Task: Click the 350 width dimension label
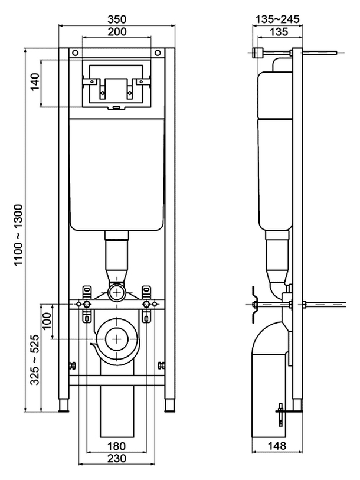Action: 117,19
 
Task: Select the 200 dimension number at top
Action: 117,31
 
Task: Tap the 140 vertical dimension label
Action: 35,81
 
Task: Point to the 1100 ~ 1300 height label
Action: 19,235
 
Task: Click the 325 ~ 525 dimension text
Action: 35,360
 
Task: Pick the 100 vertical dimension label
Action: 47,321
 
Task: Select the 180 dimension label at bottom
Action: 116,446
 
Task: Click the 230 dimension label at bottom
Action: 117,458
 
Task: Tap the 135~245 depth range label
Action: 277,19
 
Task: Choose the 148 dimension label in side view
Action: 277,446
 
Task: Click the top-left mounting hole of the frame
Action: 76,53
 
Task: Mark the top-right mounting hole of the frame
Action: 158,53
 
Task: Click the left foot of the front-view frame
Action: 64,405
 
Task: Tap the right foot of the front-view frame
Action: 169,405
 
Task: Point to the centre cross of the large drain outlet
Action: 117,339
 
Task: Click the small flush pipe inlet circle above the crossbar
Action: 117,292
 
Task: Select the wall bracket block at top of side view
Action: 258,53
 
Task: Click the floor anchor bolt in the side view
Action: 281,414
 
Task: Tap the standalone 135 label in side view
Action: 279,31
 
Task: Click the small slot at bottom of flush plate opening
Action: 116,107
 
